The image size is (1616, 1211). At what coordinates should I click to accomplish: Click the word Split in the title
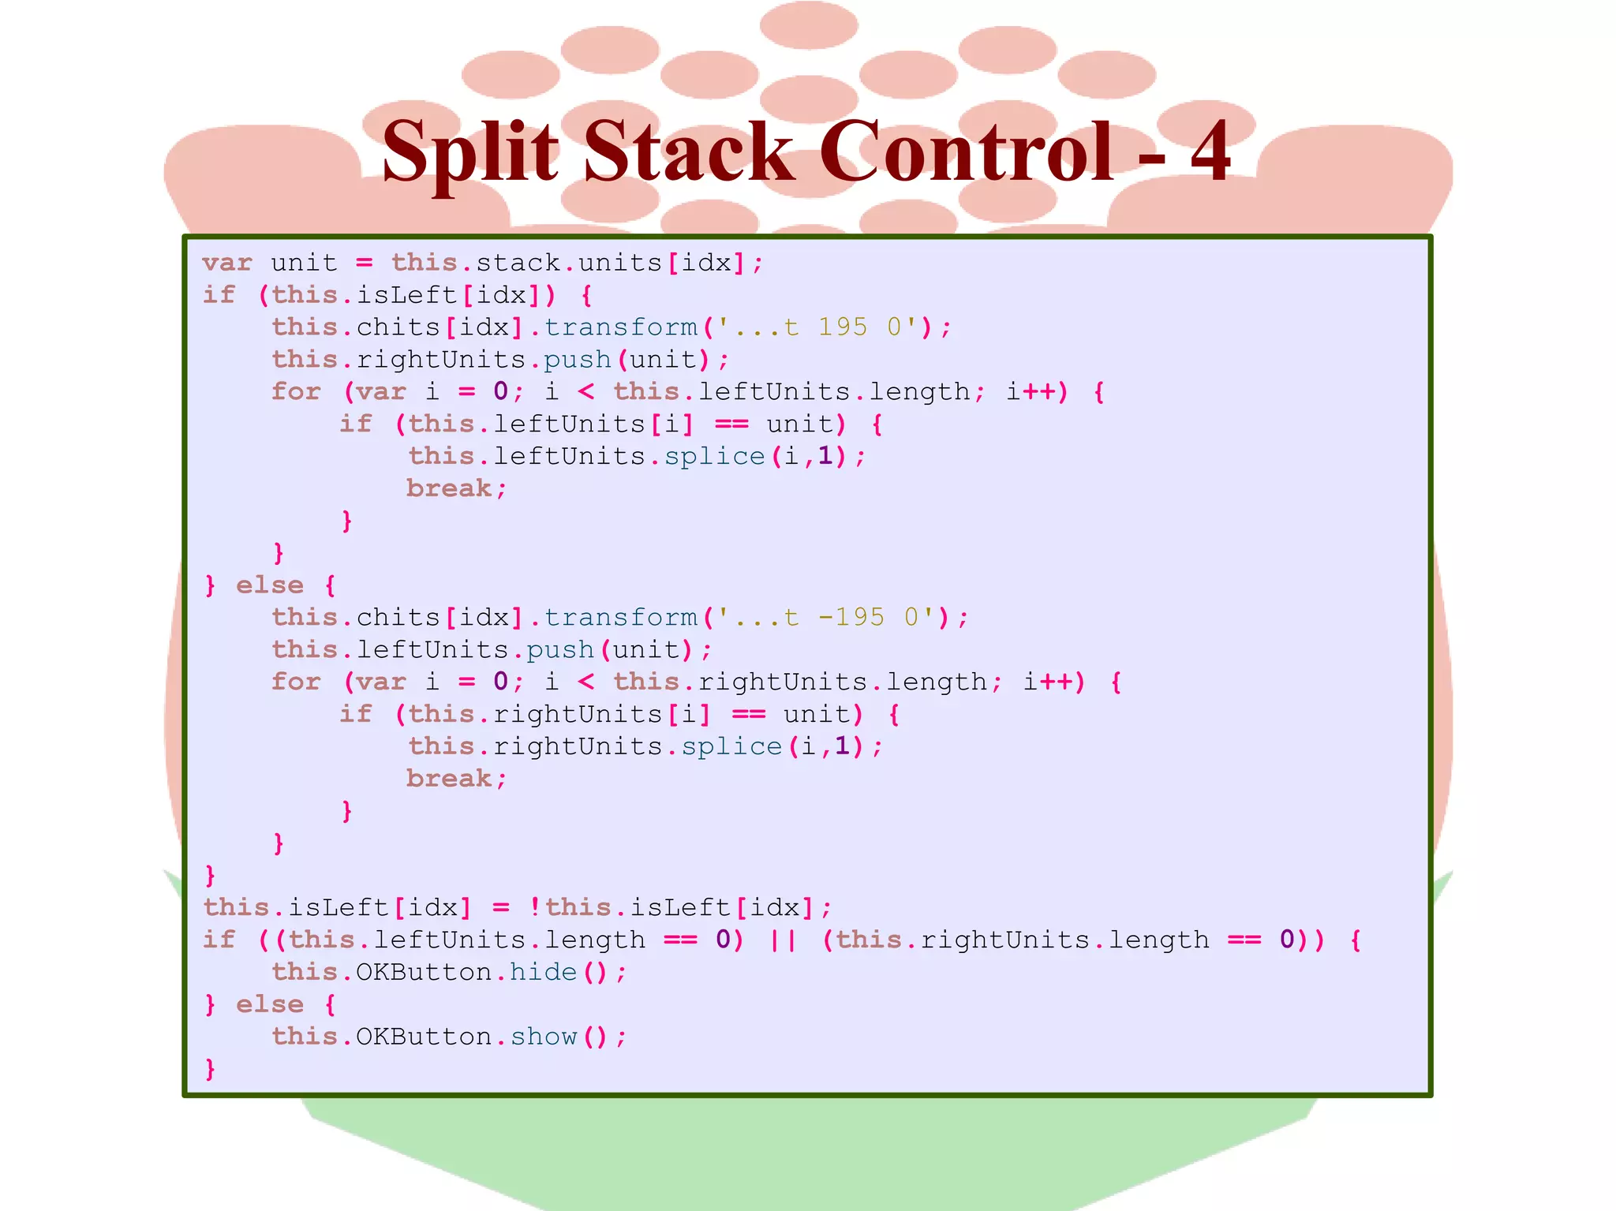(x=470, y=151)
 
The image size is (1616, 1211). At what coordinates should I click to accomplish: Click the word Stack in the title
(x=688, y=151)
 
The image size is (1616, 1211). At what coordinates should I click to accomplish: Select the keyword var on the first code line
(x=227, y=263)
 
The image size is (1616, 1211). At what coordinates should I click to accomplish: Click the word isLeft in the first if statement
(x=407, y=295)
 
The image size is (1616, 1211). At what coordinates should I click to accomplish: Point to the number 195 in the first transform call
(x=843, y=327)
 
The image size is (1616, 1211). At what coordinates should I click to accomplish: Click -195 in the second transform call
(x=851, y=617)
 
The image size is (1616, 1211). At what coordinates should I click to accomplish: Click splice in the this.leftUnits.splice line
(x=714, y=456)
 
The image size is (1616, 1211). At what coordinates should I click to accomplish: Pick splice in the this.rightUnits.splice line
(x=731, y=746)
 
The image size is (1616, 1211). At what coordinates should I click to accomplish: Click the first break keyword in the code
(x=449, y=488)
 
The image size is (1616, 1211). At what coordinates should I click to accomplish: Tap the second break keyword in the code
(x=449, y=779)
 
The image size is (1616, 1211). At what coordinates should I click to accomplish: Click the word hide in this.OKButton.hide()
(x=543, y=972)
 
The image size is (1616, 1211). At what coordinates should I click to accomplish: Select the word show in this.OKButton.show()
(x=543, y=1037)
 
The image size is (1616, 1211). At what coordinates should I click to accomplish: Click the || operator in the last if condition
(x=782, y=940)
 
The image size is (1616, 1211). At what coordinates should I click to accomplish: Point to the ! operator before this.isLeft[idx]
(x=535, y=907)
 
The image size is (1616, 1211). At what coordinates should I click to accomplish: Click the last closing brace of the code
(x=210, y=1069)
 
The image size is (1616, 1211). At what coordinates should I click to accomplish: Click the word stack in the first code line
(x=518, y=263)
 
